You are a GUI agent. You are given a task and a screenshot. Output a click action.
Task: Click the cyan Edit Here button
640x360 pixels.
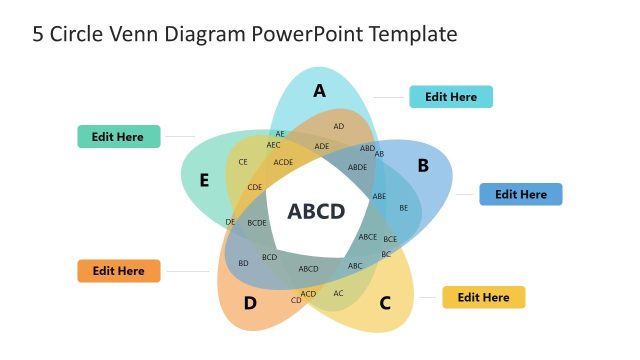click(x=450, y=97)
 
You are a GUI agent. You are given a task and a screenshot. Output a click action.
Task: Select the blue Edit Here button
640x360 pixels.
click(x=521, y=194)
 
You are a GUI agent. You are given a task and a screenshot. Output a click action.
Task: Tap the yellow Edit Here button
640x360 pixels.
click(x=483, y=297)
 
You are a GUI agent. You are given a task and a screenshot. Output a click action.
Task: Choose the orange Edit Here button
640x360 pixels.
click(x=118, y=271)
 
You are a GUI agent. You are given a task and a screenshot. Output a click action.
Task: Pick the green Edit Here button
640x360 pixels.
click(x=118, y=137)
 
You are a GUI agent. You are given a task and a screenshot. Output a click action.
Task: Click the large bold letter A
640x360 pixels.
click(x=319, y=91)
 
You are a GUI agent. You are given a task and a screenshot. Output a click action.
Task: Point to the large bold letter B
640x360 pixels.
click(x=423, y=165)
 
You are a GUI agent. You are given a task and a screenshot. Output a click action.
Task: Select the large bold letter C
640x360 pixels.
click(x=385, y=302)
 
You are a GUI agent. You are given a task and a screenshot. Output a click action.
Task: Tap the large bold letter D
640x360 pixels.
click(x=250, y=303)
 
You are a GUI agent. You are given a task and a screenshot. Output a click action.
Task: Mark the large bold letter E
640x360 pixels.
click(x=204, y=181)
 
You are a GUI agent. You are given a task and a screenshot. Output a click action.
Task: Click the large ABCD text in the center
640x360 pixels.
click(x=316, y=211)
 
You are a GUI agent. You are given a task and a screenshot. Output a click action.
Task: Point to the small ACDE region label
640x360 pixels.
click(x=283, y=162)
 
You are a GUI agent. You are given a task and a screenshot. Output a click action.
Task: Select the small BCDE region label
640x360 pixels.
click(x=257, y=223)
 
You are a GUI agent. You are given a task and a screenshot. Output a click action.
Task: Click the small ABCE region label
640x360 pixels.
click(x=367, y=237)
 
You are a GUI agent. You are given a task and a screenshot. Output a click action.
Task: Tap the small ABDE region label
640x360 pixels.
click(x=357, y=168)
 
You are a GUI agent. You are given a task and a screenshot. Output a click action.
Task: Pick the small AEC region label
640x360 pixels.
click(x=273, y=145)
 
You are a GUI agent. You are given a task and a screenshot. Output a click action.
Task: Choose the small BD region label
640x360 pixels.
click(x=243, y=263)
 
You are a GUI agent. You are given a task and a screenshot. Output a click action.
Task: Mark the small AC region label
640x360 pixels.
click(x=338, y=293)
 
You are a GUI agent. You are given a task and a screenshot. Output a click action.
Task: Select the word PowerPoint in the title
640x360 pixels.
click(x=308, y=34)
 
